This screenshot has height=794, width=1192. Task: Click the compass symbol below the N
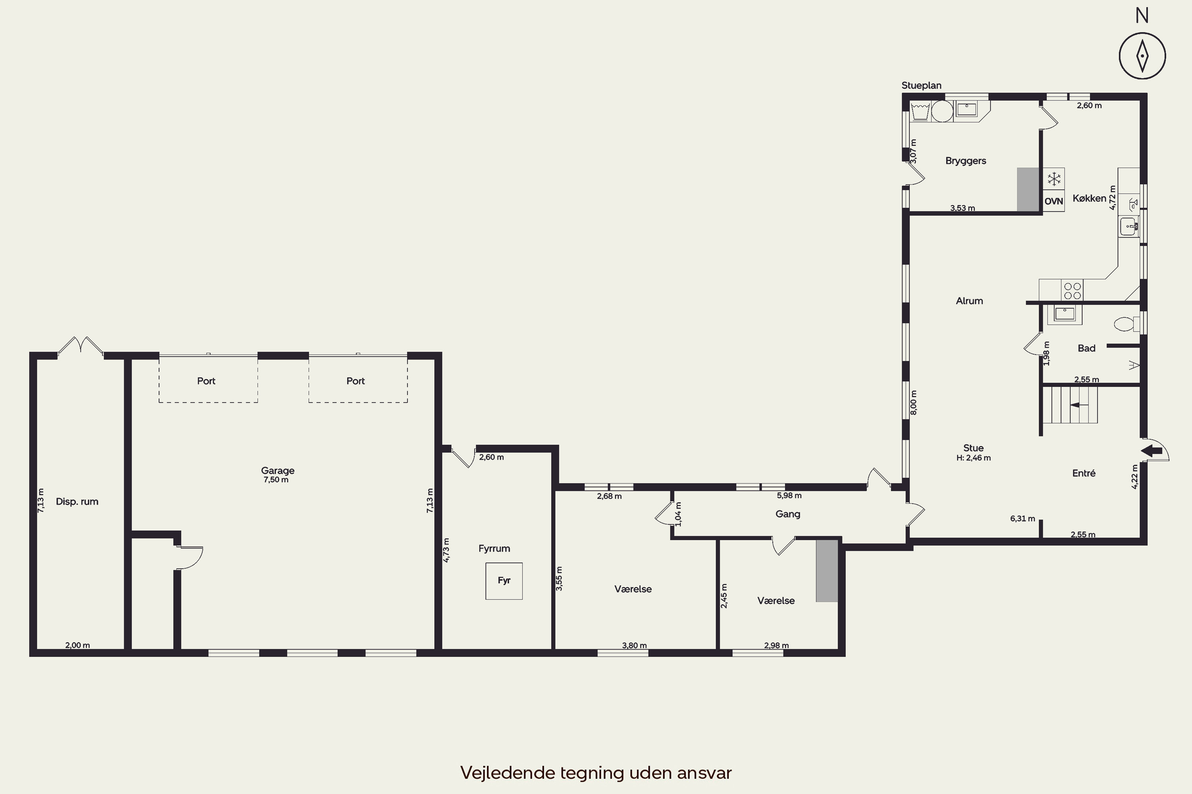(x=1142, y=56)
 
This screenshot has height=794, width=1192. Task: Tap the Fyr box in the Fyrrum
(x=504, y=581)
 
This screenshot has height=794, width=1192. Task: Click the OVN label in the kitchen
(x=1054, y=201)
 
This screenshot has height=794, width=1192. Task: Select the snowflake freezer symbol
(x=1054, y=179)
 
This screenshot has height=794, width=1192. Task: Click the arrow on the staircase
(x=1079, y=405)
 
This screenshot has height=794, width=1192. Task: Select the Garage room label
(x=278, y=470)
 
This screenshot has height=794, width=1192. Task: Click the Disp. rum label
(x=77, y=501)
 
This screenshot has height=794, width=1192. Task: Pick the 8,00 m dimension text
(x=913, y=403)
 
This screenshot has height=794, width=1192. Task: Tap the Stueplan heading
(x=921, y=86)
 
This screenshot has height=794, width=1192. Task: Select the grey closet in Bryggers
(x=1028, y=189)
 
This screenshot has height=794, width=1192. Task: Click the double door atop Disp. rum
(x=81, y=346)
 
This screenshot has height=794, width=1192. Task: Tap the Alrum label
(x=969, y=301)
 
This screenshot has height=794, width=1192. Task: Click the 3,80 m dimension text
(x=635, y=645)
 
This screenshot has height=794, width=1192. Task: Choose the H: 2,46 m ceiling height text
(x=973, y=458)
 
